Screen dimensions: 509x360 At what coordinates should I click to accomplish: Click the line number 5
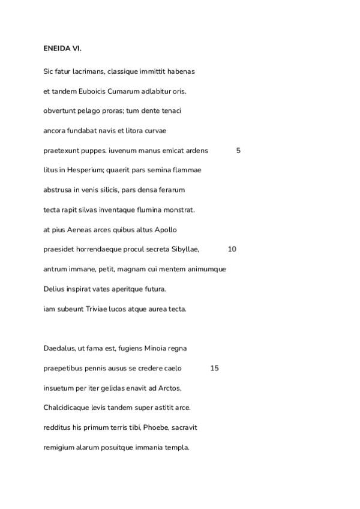[238, 151]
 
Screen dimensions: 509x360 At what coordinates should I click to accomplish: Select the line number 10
[232, 249]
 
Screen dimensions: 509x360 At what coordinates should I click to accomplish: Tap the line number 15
[214, 368]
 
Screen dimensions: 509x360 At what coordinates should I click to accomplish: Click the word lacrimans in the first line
[88, 71]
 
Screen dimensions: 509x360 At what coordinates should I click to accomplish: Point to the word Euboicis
[91, 91]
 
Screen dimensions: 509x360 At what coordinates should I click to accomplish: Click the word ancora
[55, 131]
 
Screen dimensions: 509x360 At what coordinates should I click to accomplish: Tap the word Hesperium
[74, 170]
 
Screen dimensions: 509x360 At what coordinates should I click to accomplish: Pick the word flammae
[187, 170]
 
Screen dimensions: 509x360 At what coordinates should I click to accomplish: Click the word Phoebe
[156, 427]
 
